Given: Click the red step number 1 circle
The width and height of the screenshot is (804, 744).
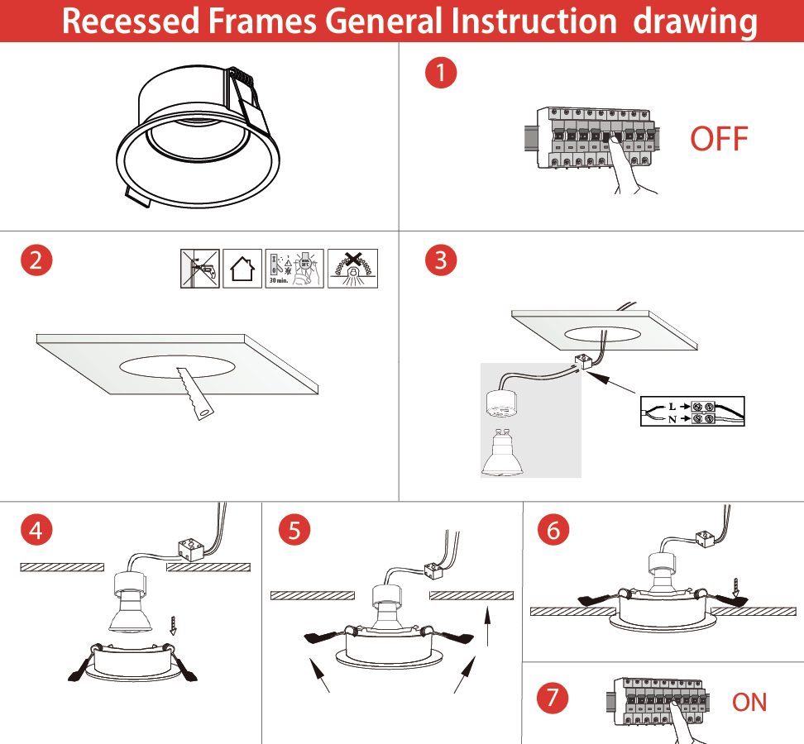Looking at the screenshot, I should [x=440, y=73].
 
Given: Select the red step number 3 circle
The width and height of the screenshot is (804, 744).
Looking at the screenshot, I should [x=440, y=260].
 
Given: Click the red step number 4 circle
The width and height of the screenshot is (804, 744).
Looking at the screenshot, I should [x=36, y=530].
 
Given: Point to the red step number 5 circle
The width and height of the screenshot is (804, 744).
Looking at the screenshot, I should [x=295, y=530].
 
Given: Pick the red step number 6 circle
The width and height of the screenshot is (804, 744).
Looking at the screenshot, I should [x=553, y=530].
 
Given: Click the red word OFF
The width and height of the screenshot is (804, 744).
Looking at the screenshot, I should [x=719, y=139].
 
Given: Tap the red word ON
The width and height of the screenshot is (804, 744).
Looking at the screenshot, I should [x=749, y=702].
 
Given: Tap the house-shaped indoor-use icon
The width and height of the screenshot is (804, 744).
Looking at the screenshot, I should [x=242, y=269].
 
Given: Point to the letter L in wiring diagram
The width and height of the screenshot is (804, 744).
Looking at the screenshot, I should [x=672, y=407].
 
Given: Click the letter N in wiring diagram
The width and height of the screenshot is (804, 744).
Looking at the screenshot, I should [x=672, y=420].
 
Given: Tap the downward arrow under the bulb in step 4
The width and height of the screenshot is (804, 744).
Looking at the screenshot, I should [x=172, y=625].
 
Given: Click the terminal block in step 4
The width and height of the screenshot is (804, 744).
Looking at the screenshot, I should [x=191, y=549].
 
